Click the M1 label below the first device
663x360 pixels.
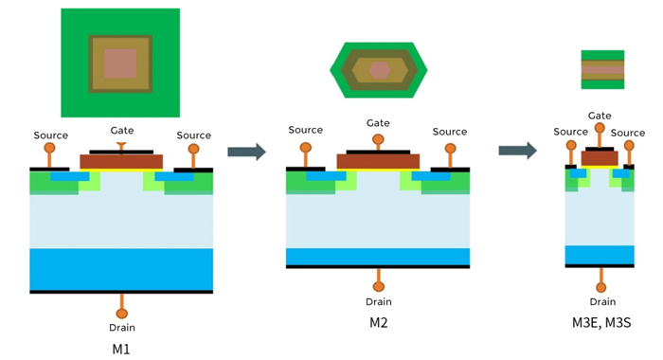121,349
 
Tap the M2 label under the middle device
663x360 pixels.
379,322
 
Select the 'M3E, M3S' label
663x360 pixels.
599,322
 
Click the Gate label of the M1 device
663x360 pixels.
122,130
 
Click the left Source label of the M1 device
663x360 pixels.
50,135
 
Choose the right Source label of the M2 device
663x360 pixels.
450,132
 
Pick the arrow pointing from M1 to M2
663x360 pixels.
245,150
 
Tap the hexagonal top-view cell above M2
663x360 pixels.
379,70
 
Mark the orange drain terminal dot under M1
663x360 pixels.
121,313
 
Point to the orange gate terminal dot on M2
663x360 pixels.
378,140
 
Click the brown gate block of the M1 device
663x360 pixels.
121,162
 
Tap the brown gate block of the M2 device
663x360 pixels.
378,161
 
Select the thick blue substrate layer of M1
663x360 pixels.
121,269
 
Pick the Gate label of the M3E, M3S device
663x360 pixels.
600,116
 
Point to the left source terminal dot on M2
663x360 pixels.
306,148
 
